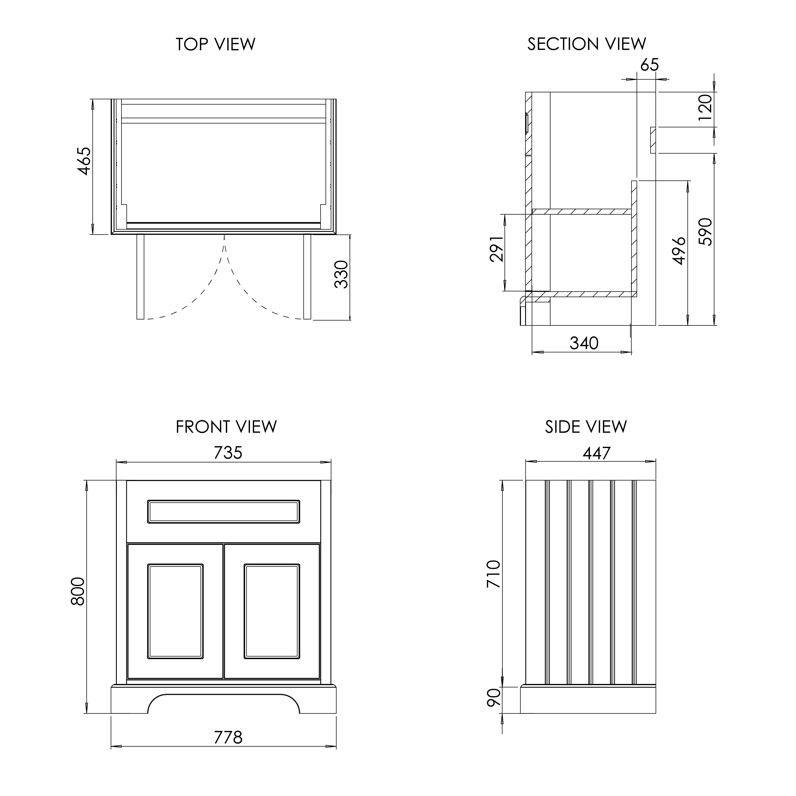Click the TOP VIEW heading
(x=215, y=44)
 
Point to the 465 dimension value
(x=84, y=161)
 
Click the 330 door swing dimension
(x=342, y=274)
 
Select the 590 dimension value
(x=705, y=232)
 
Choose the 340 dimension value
(x=584, y=343)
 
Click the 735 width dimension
(x=228, y=453)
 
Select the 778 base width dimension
(x=228, y=738)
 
